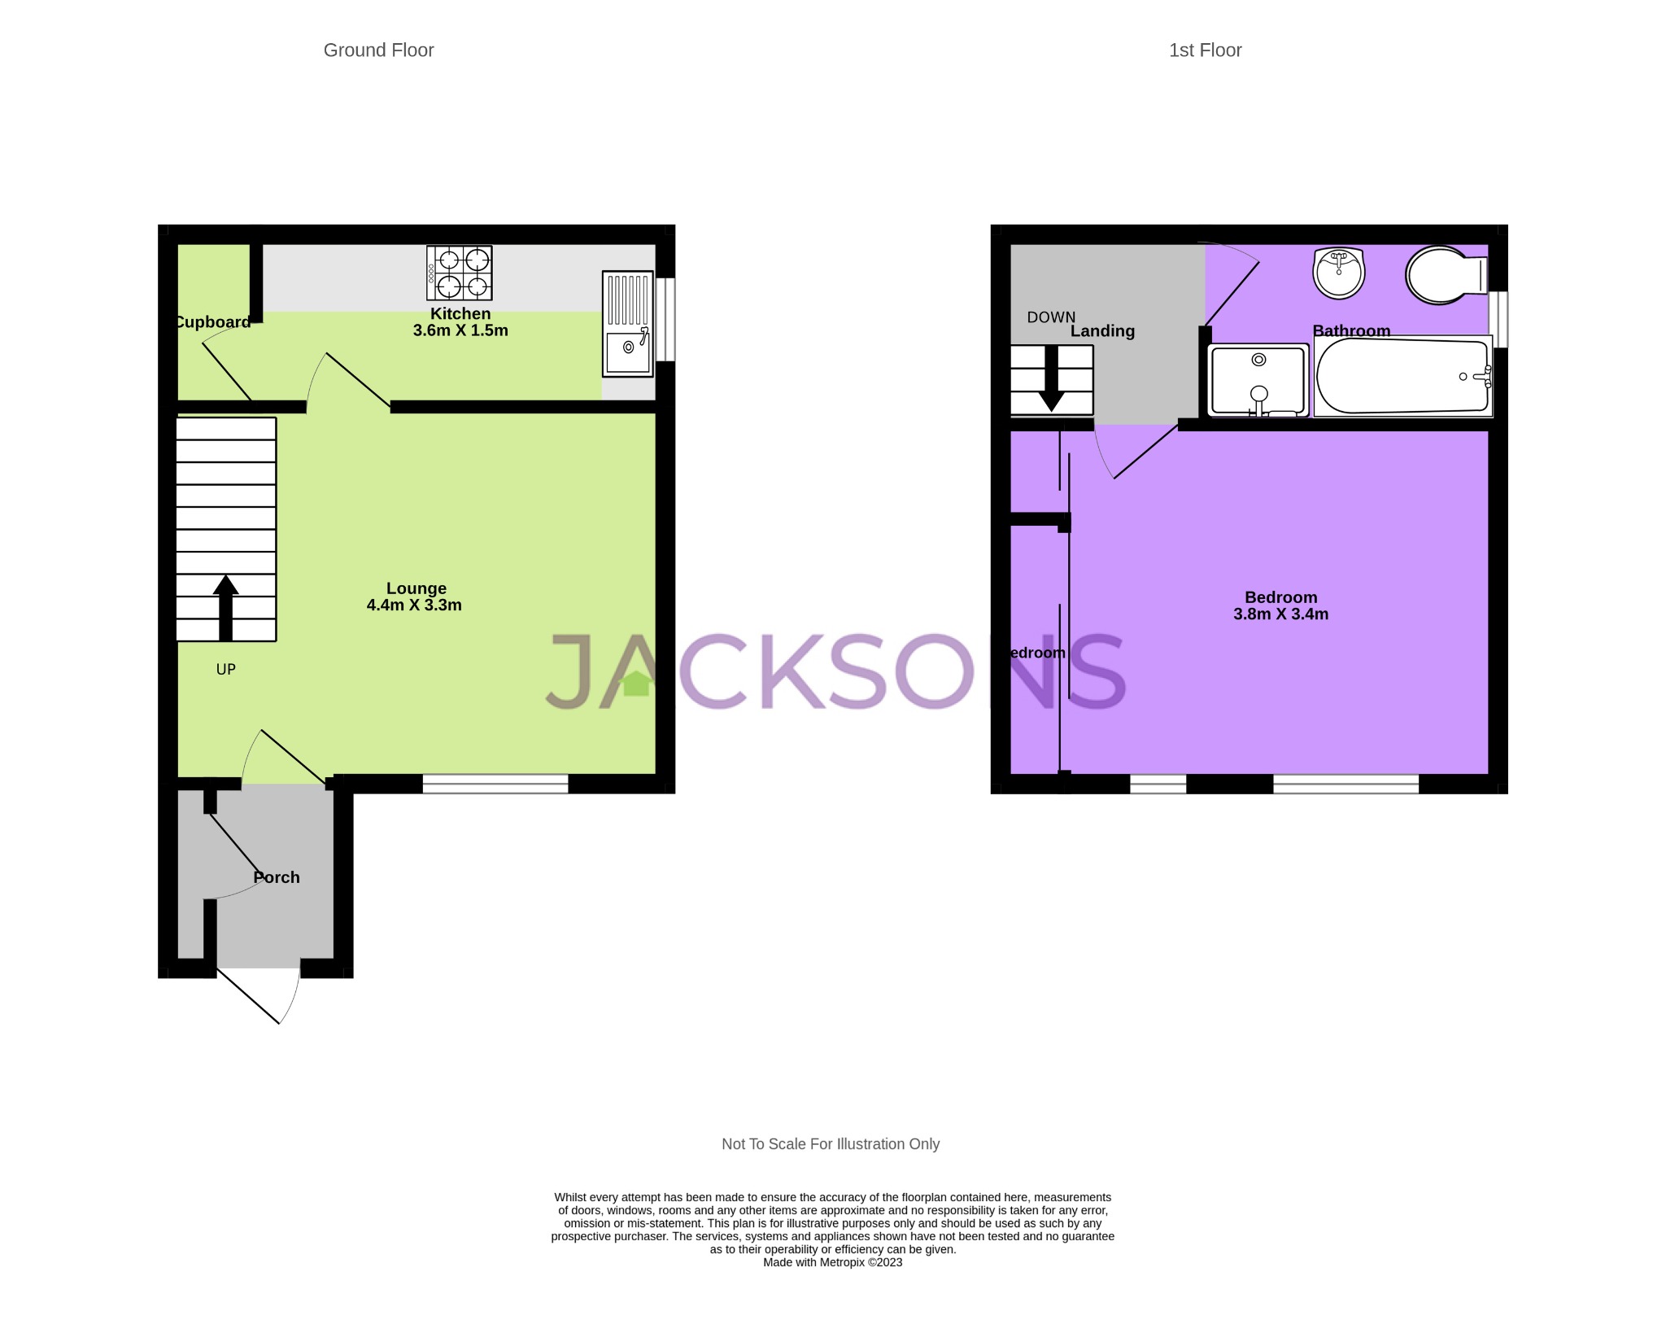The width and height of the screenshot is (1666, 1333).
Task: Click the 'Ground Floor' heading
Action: (x=378, y=50)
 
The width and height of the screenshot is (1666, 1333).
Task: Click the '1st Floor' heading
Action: (x=1205, y=50)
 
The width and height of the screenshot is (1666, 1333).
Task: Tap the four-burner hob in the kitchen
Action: (x=460, y=273)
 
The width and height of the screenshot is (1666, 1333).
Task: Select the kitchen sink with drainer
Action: (x=627, y=324)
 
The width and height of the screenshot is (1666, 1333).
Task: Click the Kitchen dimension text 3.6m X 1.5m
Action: (x=460, y=330)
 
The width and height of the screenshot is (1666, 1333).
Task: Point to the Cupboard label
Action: (x=213, y=322)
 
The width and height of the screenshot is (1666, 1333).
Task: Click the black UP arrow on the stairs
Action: (x=225, y=607)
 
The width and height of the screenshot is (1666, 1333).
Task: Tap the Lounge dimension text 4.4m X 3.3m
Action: (x=414, y=605)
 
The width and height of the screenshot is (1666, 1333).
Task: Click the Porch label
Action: (x=277, y=877)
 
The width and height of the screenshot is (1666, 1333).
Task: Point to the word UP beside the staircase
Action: (x=225, y=669)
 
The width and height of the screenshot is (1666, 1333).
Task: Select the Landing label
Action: (x=1102, y=331)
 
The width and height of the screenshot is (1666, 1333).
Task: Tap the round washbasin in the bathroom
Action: (x=1338, y=273)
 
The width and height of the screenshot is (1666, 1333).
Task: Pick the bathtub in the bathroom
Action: (x=1402, y=377)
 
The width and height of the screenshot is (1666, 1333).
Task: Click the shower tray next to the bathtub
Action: (x=1258, y=380)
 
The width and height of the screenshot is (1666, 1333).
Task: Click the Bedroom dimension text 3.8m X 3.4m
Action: (x=1280, y=614)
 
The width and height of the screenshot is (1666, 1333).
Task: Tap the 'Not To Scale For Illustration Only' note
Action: (x=831, y=1143)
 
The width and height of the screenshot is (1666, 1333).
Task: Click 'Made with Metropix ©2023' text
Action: (x=832, y=1262)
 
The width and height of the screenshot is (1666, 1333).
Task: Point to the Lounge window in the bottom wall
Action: (x=495, y=784)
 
